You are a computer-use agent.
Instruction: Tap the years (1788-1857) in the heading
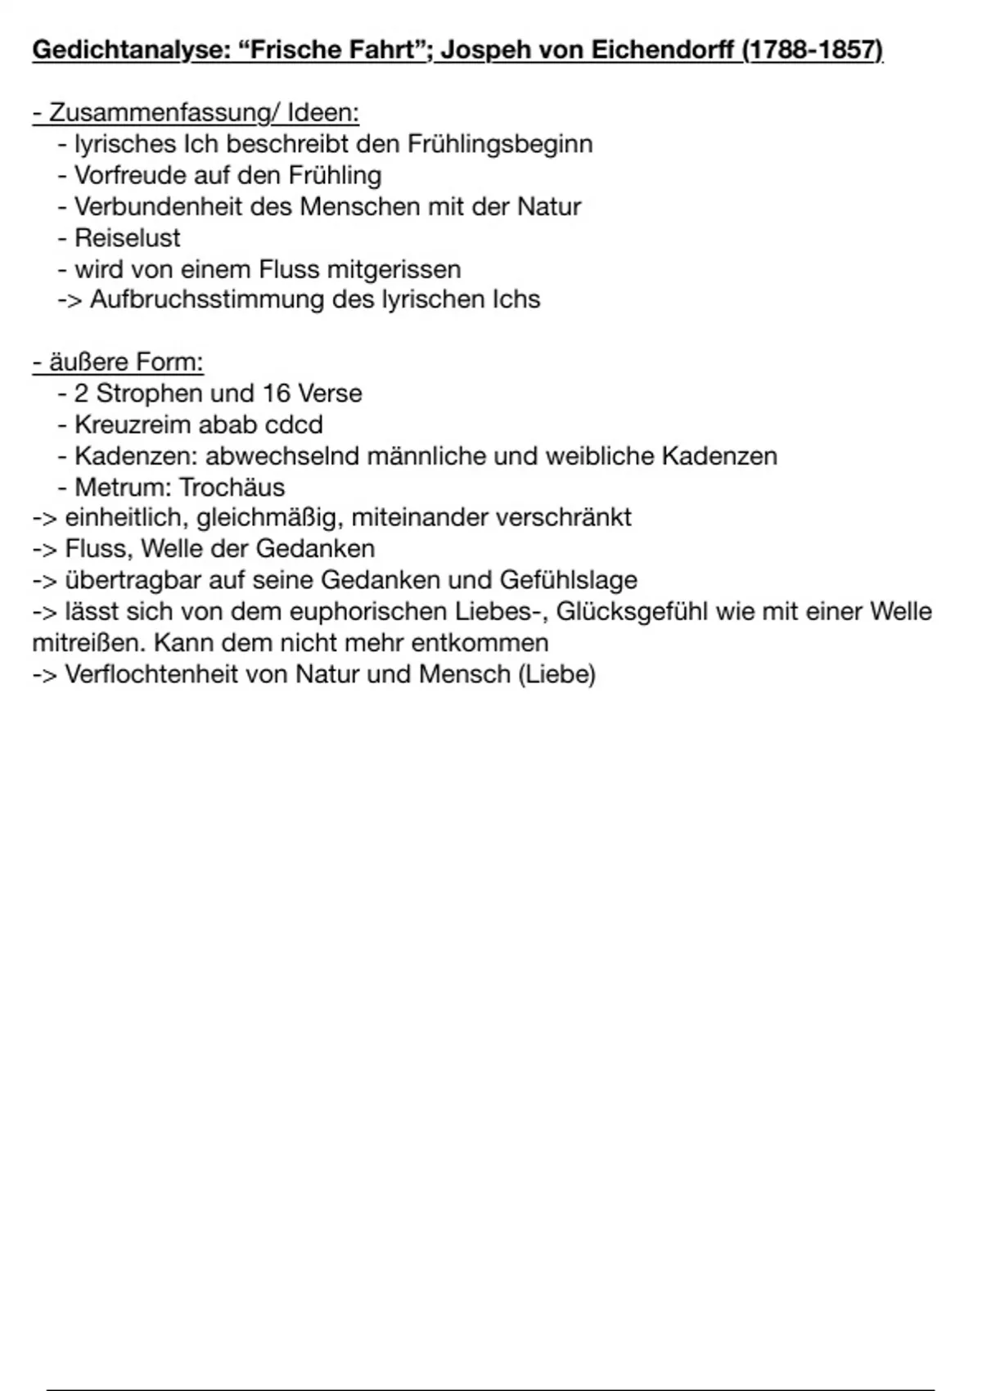813,51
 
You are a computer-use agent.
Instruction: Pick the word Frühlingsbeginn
499,144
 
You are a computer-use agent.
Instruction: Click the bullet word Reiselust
128,237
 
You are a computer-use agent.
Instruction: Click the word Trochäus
232,487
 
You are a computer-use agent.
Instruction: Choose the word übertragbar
133,580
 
